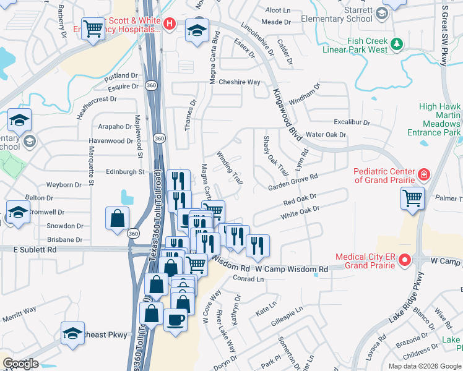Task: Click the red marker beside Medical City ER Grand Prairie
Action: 404,260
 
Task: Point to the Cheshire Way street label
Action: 240,82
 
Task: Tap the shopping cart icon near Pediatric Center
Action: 413,198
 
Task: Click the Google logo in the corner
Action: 20,364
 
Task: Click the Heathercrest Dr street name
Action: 96,99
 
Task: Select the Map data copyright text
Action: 423,366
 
